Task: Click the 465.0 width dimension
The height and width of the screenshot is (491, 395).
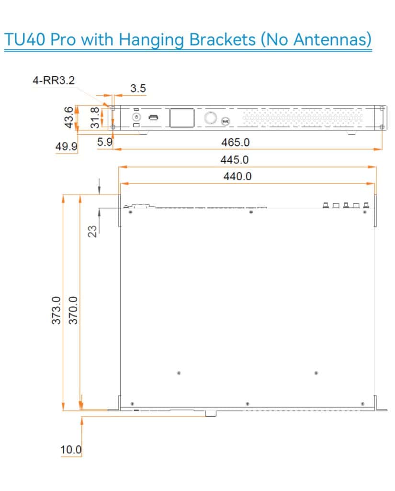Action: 235,142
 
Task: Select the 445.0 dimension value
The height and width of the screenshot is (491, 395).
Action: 235,159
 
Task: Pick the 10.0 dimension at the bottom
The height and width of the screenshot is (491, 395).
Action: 71,450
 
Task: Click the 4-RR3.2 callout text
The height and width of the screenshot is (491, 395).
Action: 54,81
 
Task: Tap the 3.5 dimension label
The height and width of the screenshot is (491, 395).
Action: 138,89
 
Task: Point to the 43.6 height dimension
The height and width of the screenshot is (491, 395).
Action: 69,117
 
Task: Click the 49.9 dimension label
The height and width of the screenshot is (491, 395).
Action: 66,146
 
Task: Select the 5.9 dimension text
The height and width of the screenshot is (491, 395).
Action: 104,142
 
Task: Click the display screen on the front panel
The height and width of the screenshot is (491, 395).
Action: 181,118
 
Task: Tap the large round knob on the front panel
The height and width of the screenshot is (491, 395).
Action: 210,117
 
